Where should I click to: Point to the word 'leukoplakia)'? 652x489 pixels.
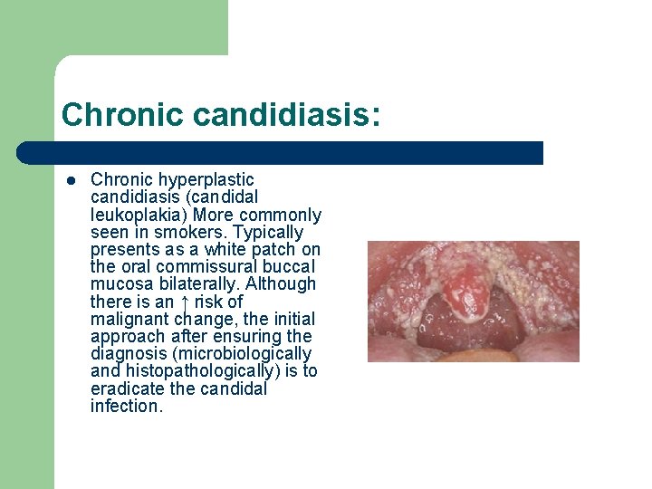[134, 216]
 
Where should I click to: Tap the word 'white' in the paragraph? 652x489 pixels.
[226, 250]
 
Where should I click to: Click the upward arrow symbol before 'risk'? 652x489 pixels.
[185, 302]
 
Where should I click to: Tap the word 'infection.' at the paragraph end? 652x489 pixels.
[127, 406]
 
